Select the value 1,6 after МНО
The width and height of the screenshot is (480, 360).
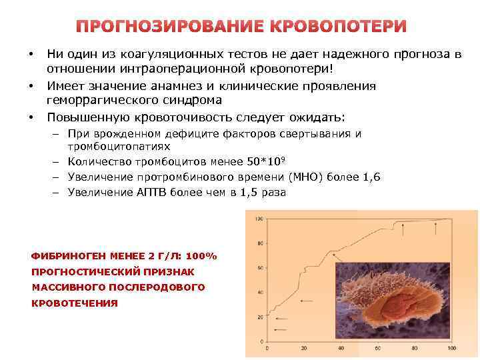pos(371,177)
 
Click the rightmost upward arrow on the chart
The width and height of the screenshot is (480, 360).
pos(435,230)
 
